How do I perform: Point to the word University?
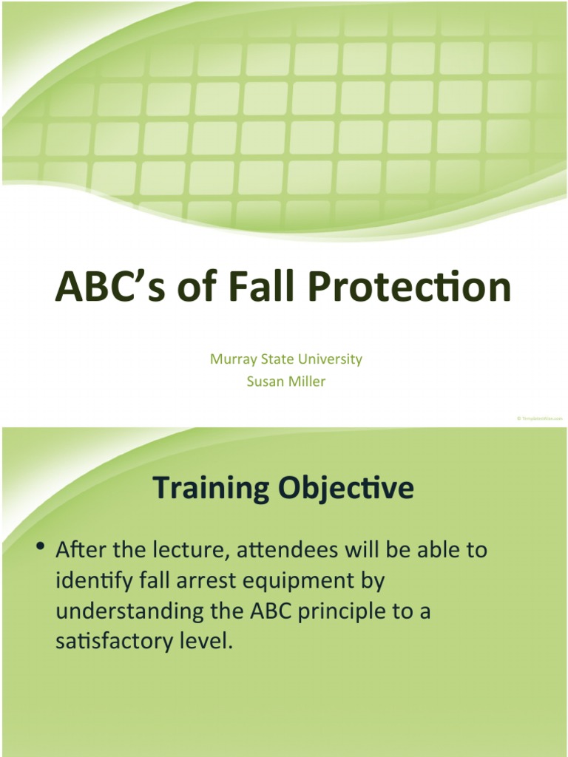(332, 359)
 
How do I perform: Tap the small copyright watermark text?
(539, 418)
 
